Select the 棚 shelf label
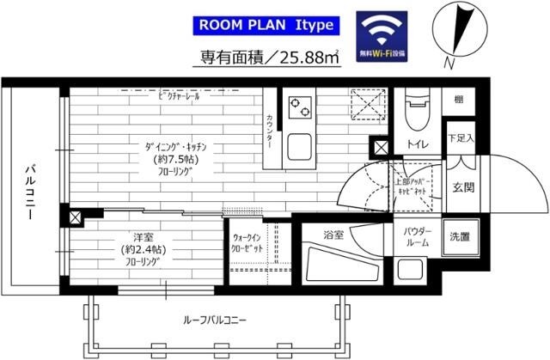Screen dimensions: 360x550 click(459, 101)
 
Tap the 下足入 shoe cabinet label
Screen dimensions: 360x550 click(458, 137)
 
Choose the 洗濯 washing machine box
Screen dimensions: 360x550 click(459, 236)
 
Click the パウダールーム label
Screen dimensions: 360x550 click(413, 237)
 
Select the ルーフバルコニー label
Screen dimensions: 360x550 click(214, 320)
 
